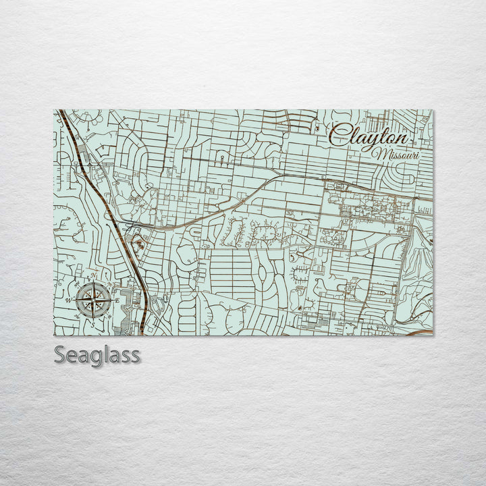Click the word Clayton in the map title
point(369,138)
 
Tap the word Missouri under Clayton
point(398,155)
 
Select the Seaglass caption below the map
point(97,355)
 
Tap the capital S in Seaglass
point(60,355)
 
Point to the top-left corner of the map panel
point(54,111)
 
